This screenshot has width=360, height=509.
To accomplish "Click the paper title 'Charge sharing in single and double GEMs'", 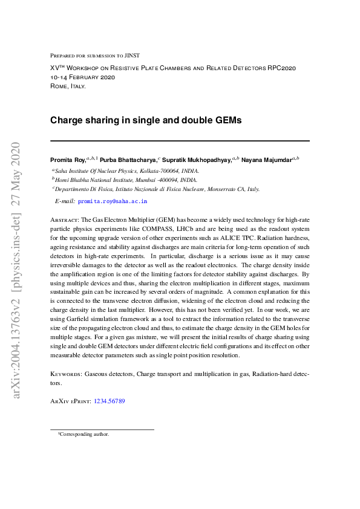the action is coord(145,120).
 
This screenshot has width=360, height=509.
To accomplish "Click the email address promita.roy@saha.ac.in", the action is coord(113,201).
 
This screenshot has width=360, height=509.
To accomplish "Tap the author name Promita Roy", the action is coord(67,160).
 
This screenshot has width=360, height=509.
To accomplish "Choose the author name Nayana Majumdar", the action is coord(266,160).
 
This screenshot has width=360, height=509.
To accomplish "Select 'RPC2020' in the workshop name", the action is coord(281,68).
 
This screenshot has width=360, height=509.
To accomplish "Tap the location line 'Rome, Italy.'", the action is coord(68,86).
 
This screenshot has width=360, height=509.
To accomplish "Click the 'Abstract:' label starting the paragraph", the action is coord(64,221).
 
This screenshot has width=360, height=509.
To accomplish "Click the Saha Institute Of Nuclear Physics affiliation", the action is coord(126,170).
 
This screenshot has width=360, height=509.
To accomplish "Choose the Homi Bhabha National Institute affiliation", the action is coord(126,180).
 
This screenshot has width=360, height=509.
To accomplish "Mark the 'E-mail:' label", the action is coord(64,201).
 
